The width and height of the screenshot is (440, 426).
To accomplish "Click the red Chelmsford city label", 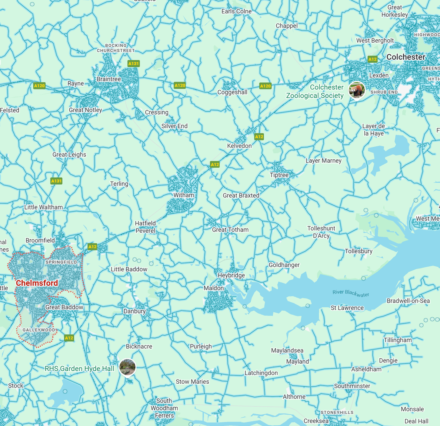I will [37, 283].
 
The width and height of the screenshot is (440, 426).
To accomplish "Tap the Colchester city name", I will [406, 57].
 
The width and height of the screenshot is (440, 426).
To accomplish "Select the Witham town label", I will [184, 195].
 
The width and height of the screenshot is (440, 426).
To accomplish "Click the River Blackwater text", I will [351, 293].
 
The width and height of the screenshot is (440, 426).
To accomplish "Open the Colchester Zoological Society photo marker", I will [357, 90].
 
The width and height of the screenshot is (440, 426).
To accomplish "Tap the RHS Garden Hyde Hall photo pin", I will [127, 367].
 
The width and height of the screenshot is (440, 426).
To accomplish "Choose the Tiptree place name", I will [279, 175].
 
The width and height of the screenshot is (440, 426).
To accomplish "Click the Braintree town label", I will [109, 79].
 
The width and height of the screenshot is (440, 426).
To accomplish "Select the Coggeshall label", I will [232, 92].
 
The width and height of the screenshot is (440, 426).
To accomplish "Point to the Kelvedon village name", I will [239, 145].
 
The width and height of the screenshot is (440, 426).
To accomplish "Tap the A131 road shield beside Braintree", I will [133, 64].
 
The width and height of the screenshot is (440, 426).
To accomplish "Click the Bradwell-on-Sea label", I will [408, 301].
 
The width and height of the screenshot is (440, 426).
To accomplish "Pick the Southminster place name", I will [352, 386].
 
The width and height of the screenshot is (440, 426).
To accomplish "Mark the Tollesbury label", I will [359, 251].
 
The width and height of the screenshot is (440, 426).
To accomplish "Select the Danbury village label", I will [135, 311].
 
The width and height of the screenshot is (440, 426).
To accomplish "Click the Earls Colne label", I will [237, 11].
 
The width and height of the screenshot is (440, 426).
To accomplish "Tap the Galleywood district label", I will [39, 330].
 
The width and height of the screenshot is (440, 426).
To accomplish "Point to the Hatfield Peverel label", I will [145, 227].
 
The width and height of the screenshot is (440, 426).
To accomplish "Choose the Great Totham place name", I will [230, 230].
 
